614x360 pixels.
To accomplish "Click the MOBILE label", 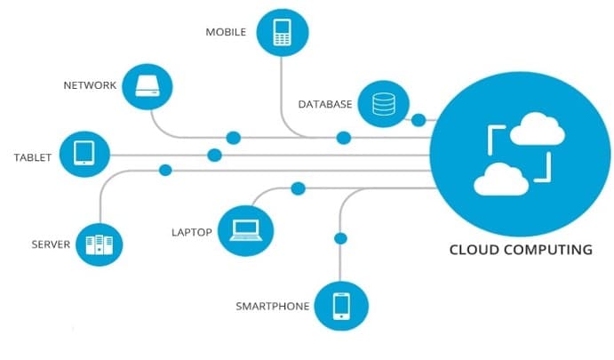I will click(x=226, y=32).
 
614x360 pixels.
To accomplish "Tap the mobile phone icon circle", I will click(x=283, y=33).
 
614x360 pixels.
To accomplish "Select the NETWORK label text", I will click(x=90, y=86).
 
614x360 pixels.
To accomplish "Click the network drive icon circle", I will click(x=147, y=86).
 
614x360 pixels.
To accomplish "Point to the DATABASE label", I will click(x=325, y=105).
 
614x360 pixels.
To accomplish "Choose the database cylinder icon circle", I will click(x=384, y=105).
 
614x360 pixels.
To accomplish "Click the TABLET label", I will click(x=32, y=158).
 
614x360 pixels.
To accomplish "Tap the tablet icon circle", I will click(x=84, y=153).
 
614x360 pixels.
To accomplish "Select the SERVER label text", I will click(x=51, y=244).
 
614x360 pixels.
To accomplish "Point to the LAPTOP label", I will click(x=191, y=233).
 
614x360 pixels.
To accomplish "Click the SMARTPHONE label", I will click(x=273, y=307).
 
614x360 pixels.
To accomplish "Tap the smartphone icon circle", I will click(x=341, y=306).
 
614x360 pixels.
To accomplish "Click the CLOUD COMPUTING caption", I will click(x=520, y=250).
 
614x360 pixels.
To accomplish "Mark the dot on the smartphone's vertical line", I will click(x=339, y=238).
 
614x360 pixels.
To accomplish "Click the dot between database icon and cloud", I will click(x=419, y=119).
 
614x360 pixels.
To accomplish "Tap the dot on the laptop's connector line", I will click(x=299, y=188).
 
